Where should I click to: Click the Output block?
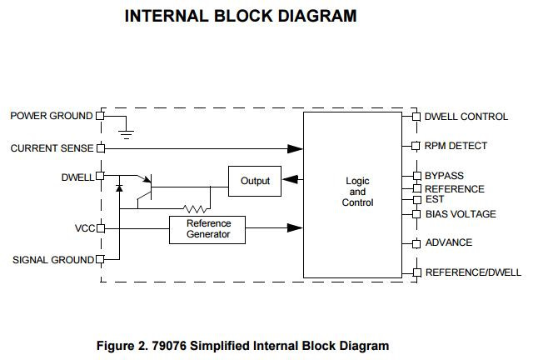point(255,181)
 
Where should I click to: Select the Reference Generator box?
point(207,230)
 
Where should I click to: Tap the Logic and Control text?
point(357,192)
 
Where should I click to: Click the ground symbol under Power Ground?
point(127,134)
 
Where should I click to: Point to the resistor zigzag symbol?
point(196,208)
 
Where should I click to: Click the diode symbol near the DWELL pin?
point(119,187)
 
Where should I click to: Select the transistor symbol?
point(145,191)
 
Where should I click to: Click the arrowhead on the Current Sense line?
point(295,148)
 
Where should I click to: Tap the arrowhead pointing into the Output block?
point(291,179)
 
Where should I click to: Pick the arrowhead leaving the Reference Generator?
point(295,227)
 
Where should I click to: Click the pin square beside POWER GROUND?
point(100,116)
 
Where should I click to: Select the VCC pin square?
point(101,228)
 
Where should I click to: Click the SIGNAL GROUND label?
point(53,260)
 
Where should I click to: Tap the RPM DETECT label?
point(456,146)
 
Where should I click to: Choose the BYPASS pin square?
point(417,176)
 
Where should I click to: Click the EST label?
point(435,199)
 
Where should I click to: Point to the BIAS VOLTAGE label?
point(461,214)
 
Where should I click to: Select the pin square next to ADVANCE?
point(416,243)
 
